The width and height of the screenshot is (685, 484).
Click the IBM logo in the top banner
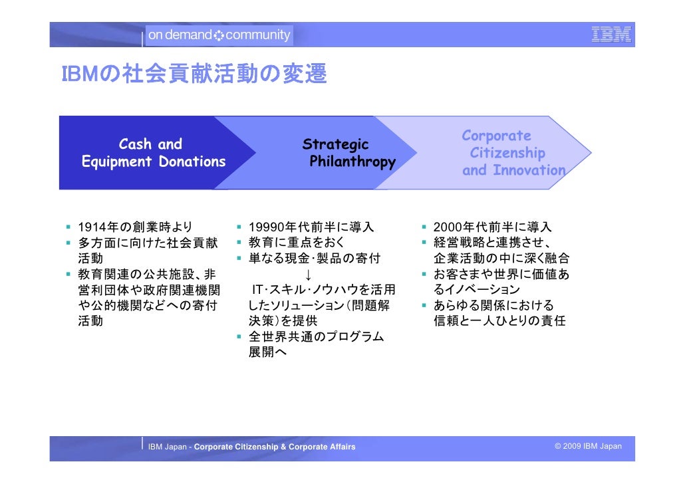611,35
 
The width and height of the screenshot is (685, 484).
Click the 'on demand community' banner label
219,35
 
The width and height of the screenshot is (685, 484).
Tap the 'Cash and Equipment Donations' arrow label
153,153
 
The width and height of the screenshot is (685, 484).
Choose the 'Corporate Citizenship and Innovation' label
512,153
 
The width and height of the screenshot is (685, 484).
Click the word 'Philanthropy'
352,162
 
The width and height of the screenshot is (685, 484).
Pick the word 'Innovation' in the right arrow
529,170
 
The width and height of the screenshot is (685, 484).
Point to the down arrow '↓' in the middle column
308,275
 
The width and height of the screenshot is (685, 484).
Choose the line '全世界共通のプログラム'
316,337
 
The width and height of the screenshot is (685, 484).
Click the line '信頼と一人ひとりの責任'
499,321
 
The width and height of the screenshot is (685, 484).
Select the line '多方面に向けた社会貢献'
148,243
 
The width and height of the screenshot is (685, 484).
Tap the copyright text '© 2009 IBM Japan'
588,446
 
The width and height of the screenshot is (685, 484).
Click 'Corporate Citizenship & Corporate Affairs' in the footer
275,447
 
